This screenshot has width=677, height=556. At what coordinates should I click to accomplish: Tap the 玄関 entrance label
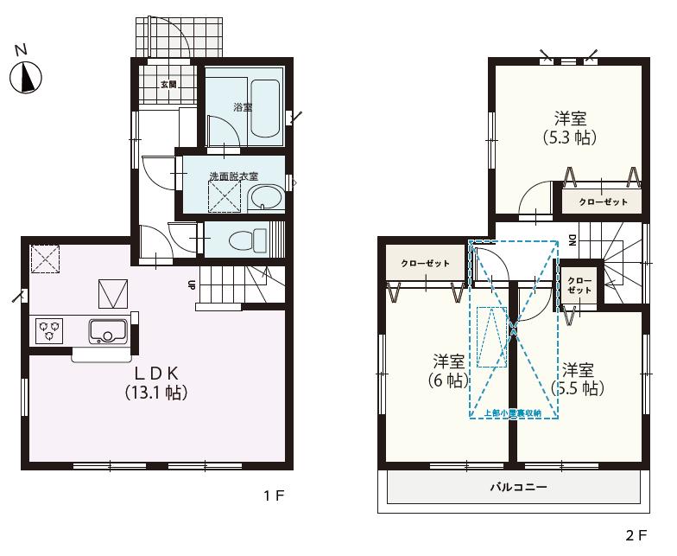click(x=168, y=85)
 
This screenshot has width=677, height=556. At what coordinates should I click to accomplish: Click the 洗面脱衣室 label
click(x=234, y=176)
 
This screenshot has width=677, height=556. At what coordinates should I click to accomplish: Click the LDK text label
click(x=155, y=373)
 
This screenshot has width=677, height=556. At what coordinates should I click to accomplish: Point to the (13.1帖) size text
click(x=155, y=392)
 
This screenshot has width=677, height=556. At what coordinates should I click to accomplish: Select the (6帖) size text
click(x=447, y=379)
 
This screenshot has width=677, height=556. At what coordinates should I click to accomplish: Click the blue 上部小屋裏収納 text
click(x=513, y=413)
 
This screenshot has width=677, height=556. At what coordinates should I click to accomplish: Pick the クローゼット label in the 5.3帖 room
click(x=603, y=201)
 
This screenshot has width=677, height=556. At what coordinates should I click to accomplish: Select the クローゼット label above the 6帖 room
click(x=425, y=263)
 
